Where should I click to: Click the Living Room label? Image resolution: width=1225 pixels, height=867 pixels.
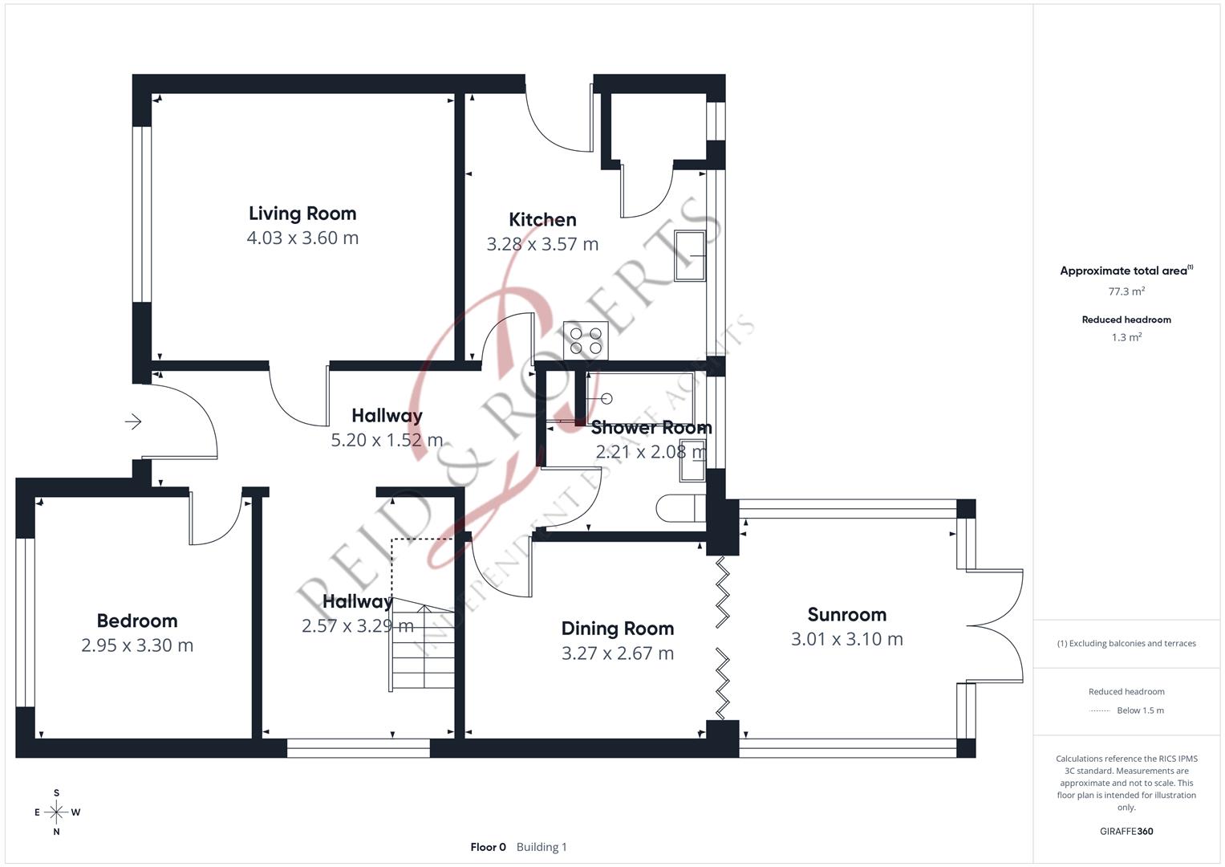tap(302, 214)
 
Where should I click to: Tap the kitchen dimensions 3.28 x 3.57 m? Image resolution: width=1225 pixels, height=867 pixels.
tap(542, 244)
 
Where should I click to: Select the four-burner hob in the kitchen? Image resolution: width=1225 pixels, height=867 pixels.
tap(585, 340)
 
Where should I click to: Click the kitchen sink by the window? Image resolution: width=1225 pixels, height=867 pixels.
tap(690, 256)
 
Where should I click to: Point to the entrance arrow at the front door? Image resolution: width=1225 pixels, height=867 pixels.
tap(133, 421)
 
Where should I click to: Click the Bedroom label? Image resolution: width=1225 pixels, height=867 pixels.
tap(137, 621)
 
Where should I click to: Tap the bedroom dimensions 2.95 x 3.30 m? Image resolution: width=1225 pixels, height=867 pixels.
tap(137, 645)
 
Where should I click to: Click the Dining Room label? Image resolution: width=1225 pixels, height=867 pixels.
tap(617, 629)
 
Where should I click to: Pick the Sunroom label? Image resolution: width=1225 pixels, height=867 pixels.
tap(846, 615)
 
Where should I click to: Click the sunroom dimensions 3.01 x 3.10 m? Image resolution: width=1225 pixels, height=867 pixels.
tap(846, 639)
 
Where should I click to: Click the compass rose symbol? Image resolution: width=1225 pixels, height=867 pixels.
tap(56, 812)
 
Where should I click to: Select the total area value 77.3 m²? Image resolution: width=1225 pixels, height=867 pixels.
tap(1126, 291)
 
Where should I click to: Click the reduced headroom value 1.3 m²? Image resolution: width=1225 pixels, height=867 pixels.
tap(1126, 337)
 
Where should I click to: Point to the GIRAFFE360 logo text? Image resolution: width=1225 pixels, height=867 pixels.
tap(1126, 831)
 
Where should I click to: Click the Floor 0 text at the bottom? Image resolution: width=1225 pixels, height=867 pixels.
tap(488, 847)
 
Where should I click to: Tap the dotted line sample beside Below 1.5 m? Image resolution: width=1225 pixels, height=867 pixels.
tap(1100, 710)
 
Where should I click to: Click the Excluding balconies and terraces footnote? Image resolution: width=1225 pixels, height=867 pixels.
tap(1126, 643)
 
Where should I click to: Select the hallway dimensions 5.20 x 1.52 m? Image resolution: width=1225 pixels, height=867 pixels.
tap(387, 440)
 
